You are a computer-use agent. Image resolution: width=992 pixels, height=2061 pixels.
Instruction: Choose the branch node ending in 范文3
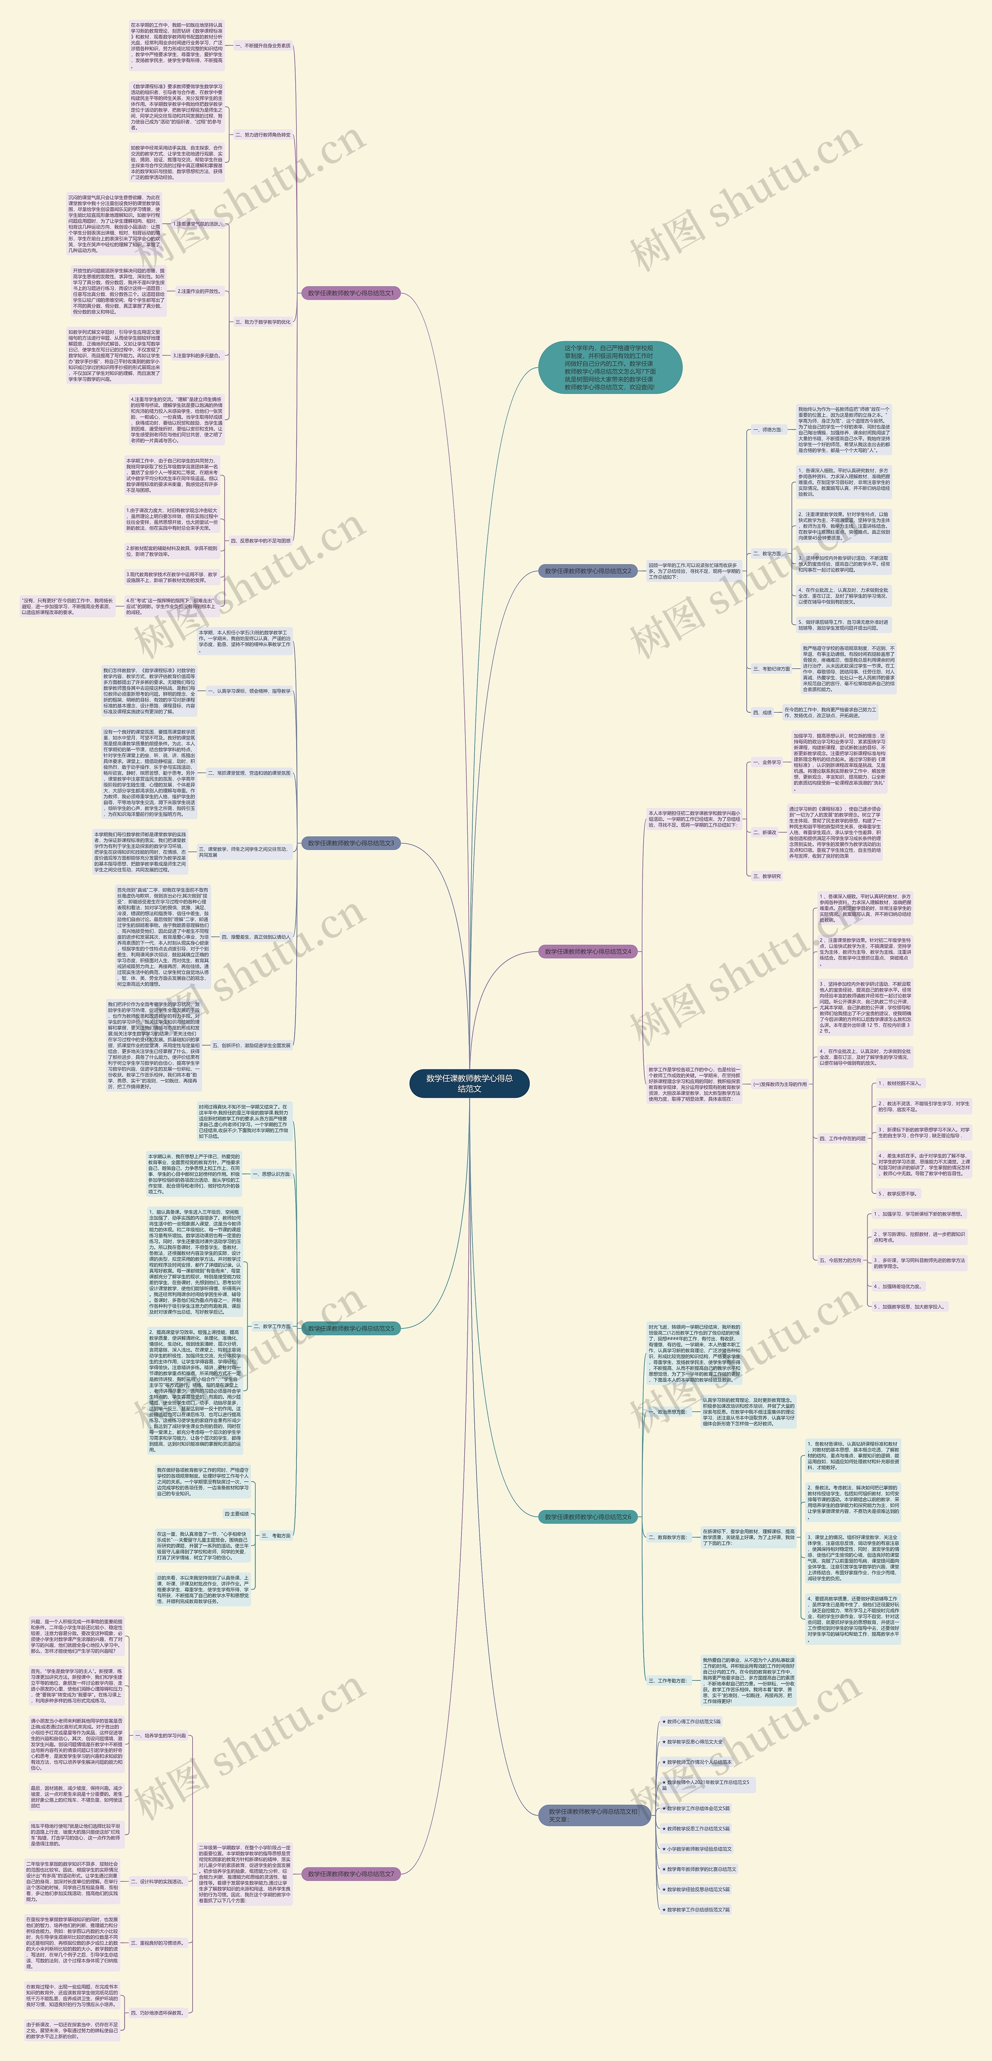[x=351, y=843]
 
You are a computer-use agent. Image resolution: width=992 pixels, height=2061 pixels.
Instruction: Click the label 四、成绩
[x=762, y=712]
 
